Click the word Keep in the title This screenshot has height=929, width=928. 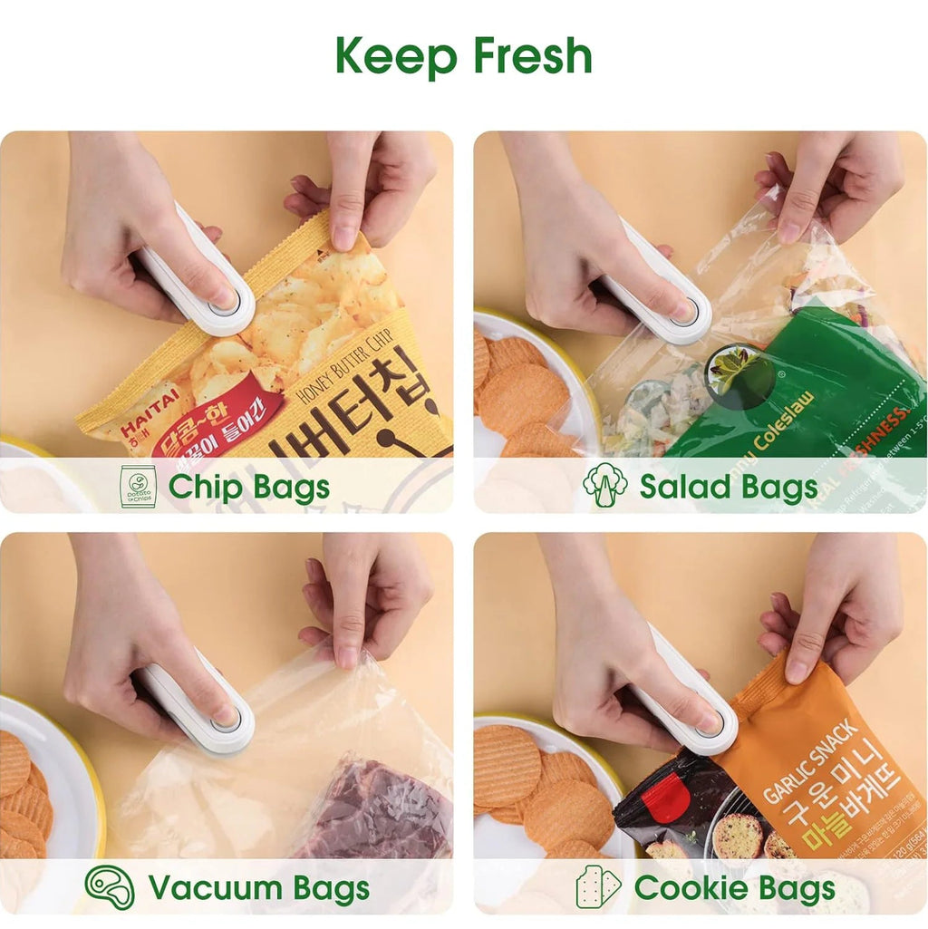pyautogui.click(x=398, y=56)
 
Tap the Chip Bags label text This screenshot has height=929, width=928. pyautogui.click(x=248, y=487)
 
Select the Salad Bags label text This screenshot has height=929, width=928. pyautogui.click(x=728, y=487)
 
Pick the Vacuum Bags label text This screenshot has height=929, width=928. pyautogui.click(x=258, y=887)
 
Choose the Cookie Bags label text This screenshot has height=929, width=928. pyautogui.click(x=734, y=887)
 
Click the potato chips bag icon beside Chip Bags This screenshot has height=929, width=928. pyautogui.click(x=138, y=487)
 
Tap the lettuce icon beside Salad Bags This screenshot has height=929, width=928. pyautogui.click(x=604, y=485)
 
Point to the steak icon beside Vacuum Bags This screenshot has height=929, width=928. pyautogui.click(x=110, y=886)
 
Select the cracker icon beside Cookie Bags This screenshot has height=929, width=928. pyautogui.click(x=598, y=887)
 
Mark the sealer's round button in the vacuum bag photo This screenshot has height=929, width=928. pyautogui.click(x=225, y=721)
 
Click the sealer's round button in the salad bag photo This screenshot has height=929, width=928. pyautogui.click(x=686, y=314)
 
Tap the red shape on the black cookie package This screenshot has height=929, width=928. pyautogui.click(x=665, y=798)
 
